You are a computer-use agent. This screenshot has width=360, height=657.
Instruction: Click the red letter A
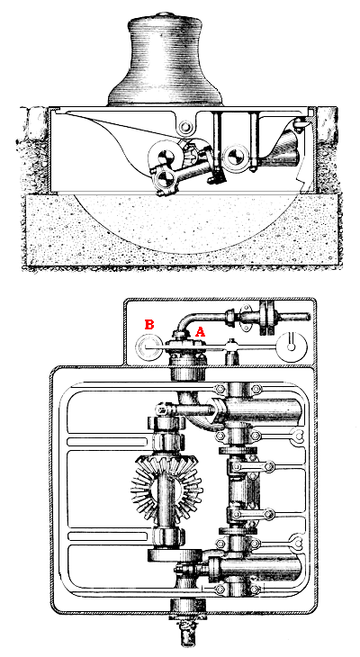(201, 332)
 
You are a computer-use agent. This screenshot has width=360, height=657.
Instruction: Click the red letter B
(149, 324)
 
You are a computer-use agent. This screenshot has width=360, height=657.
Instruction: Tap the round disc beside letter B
(148, 346)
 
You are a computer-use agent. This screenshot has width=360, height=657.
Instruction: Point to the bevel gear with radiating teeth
(166, 488)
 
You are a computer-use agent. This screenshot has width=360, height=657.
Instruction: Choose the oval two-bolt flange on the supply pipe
(246, 317)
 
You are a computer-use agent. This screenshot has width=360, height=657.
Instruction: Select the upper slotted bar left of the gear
(107, 442)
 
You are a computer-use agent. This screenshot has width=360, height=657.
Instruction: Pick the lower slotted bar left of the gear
(107, 535)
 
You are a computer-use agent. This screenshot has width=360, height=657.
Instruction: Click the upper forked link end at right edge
(298, 436)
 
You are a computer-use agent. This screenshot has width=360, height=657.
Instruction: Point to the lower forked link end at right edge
(298, 543)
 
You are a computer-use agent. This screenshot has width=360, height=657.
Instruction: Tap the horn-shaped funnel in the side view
(280, 148)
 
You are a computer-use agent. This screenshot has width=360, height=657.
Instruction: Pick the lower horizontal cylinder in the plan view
(255, 568)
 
